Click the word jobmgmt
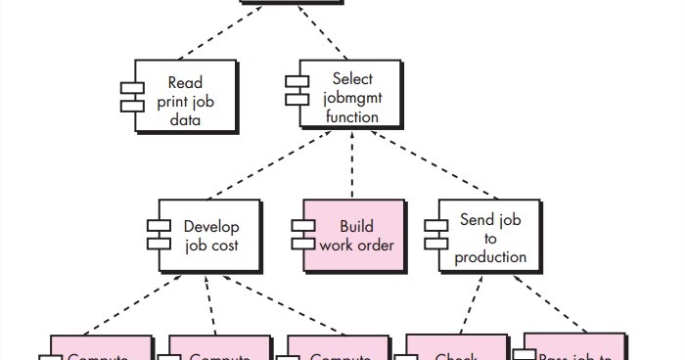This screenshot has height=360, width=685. point(351,98)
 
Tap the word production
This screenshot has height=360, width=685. point(490,257)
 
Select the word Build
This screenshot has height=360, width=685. point(356,226)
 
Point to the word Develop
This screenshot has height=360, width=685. point(211,226)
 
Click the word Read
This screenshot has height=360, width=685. point(185,83)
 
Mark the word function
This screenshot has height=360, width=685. point(351,116)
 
